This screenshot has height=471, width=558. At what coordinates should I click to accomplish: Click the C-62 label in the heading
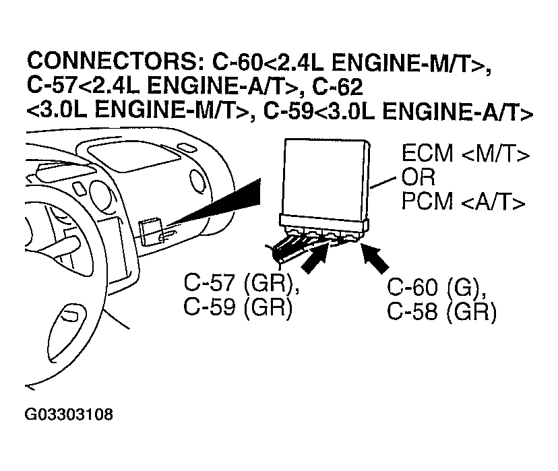338,86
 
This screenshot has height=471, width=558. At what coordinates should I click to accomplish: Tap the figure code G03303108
69,414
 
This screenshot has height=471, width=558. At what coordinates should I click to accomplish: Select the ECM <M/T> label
466,154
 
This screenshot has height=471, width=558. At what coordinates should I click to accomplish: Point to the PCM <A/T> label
464,201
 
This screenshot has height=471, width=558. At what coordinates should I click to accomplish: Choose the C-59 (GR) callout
238,307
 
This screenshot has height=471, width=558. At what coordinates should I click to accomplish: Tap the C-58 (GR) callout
441,312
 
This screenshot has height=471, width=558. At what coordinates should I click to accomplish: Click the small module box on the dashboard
150,232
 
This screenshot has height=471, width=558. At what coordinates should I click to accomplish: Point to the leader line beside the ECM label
383,182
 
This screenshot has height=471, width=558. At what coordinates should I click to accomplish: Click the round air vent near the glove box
197,180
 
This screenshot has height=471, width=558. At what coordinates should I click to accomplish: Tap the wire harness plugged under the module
303,246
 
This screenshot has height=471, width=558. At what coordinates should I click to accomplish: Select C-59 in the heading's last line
289,112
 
